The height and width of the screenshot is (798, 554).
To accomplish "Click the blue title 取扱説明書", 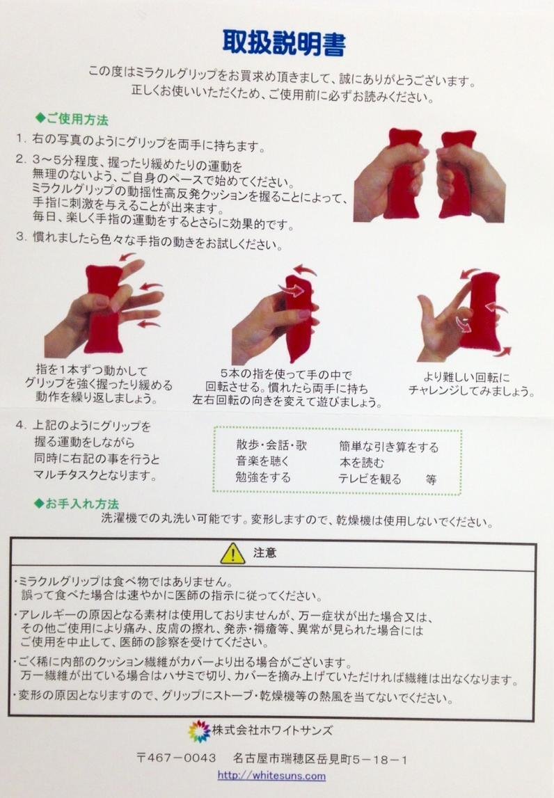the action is click(284, 42).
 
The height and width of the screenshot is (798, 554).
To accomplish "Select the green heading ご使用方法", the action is click(72, 120).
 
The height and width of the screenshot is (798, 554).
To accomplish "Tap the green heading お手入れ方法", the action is click(77, 504).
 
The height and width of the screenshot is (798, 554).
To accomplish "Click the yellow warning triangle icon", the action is click(232, 553).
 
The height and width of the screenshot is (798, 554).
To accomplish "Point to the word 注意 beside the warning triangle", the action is click(264, 552).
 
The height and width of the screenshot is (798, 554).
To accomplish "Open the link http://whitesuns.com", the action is click(271, 776).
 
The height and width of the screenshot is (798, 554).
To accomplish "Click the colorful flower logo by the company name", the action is click(199, 731).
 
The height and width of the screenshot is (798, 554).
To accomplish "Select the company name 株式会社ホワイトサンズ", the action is click(272, 731).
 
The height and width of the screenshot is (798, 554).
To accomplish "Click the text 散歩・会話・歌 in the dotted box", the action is click(271, 445).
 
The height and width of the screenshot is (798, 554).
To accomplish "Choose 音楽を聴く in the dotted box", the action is click(262, 461).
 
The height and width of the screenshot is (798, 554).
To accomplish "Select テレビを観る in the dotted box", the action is click(370, 479).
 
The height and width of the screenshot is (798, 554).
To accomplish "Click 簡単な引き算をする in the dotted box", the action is click(389, 447).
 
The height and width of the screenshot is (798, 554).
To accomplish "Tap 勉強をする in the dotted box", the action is click(263, 477).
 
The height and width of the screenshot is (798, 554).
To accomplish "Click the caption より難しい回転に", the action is click(466, 378).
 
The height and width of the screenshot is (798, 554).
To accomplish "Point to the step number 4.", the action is click(20, 425).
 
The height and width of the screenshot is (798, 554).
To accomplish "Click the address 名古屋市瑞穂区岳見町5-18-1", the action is click(320, 759).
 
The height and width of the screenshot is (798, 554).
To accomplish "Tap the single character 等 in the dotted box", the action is click(432, 479).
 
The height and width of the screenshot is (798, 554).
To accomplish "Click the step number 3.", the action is click(21, 237).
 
